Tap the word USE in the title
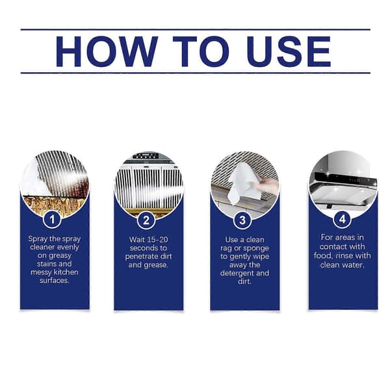(x=289, y=51)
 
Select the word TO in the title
(x=201, y=51)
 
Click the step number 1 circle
(x=52, y=219)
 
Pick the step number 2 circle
(x=146, y=220)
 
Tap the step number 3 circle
(x=242, y=220)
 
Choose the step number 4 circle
(x=343, y=219)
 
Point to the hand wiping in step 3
(x=267, y=185)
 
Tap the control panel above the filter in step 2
(x=146, y=156)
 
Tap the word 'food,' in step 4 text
(x=323, y=255)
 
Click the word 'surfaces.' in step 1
(x=54, y=281)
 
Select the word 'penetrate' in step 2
(x=141, y=257)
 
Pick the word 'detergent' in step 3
(x=237, y=273)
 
